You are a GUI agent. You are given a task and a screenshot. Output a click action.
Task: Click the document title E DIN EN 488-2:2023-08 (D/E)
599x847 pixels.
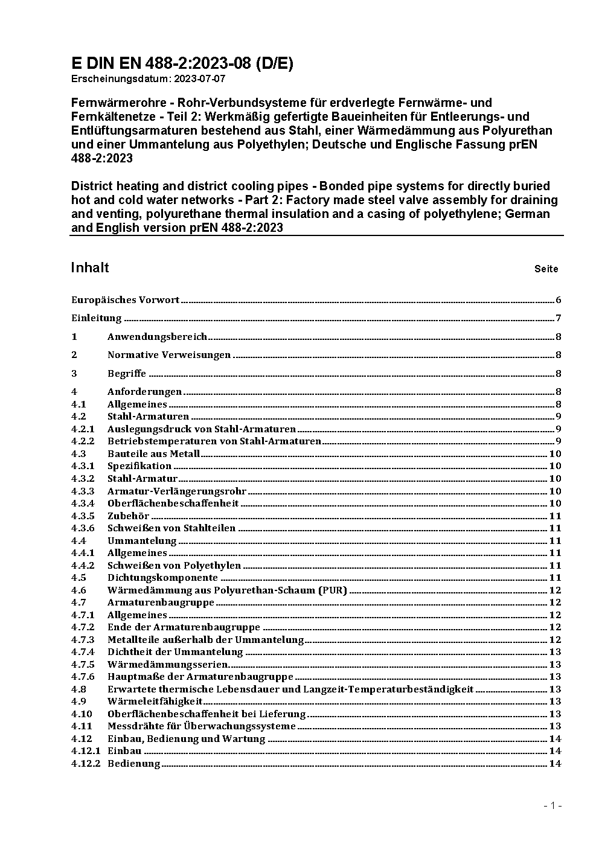(x=182, y=63)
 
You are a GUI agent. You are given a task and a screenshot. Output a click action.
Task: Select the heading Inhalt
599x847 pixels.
(x=89, y=267)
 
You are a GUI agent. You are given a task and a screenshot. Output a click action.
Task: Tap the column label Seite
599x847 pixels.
(x=546, y=269)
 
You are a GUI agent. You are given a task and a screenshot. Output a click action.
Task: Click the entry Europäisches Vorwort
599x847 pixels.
(x=125, y=300)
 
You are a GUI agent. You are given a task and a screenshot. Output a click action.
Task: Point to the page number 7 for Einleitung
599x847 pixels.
(x=559, y=319)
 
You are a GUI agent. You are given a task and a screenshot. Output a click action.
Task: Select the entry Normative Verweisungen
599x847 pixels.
(x=169, y=355)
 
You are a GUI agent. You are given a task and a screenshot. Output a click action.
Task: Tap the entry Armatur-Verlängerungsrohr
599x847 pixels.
(x=177, y=491)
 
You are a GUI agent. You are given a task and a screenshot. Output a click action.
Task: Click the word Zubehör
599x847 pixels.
(x=128, y=516)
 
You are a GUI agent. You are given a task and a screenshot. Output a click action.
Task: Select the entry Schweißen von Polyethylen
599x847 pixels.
(x=174, y=566)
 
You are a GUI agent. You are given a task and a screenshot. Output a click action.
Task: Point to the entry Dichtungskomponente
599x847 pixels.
(x=162, y=578)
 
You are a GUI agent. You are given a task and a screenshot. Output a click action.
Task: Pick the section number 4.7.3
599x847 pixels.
(x=83, y=639)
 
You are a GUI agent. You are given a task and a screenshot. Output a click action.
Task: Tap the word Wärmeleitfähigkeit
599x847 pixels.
(x=155, y=702)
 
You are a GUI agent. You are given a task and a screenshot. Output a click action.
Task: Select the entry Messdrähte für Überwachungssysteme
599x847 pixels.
(x=201, y=726)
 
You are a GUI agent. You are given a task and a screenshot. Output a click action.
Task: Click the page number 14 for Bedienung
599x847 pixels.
(x=555, y=764)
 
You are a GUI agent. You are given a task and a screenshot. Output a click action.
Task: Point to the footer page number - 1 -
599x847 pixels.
(x=553, y=805)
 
